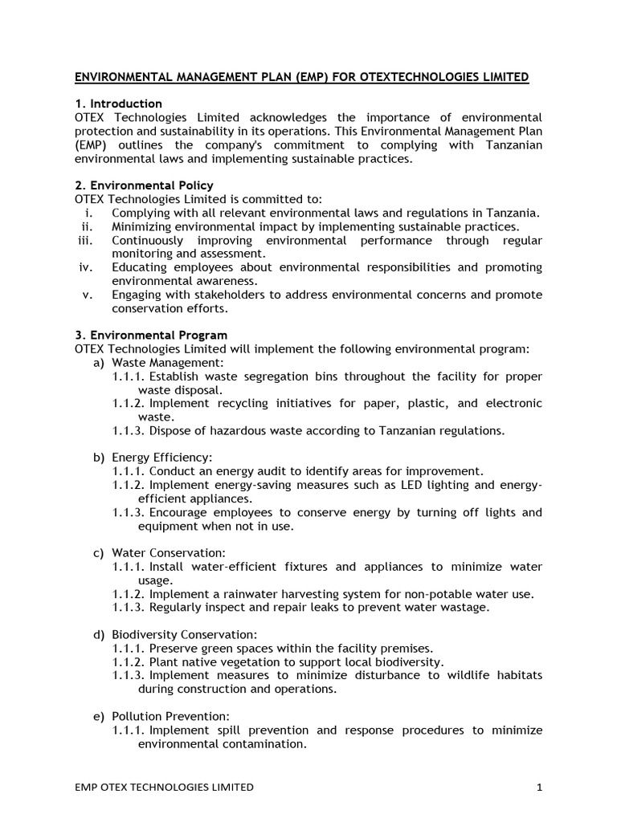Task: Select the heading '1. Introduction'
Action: pos(118,104)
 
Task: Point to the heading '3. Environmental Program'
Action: pos(151,335)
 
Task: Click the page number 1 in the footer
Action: pos(540,787)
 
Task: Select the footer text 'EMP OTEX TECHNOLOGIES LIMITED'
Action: pos(164,787)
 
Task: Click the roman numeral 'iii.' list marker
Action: pos(86,240)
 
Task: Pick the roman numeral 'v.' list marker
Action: pos(89,295)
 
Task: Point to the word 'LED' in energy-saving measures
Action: pos(406,485)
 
